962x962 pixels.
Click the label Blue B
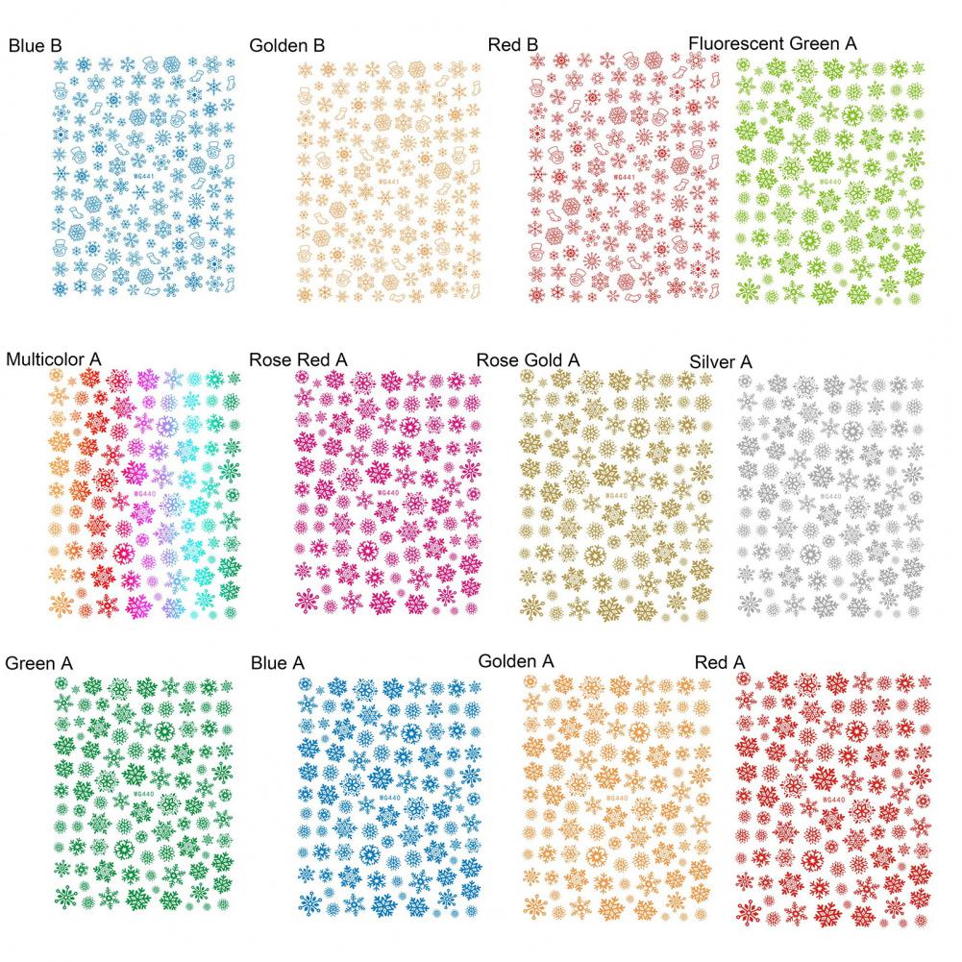point(37,45)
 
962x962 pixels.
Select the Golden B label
point(286,45)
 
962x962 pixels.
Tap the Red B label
point(513,44)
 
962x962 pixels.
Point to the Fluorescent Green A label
point(773,43)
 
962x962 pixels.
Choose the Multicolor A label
point(54,359)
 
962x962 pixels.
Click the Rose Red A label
point(298,359)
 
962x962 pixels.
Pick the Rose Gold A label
point(528,359)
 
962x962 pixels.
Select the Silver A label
point(721,361)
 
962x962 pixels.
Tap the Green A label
point(39,663)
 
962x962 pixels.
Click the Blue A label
point(277,663)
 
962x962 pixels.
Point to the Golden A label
point(516,661)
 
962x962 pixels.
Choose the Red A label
point(720,662)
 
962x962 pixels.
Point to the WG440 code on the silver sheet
point(830,496)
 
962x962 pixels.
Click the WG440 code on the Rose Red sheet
point(388,494)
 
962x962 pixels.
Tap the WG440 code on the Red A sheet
point(832,800)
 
